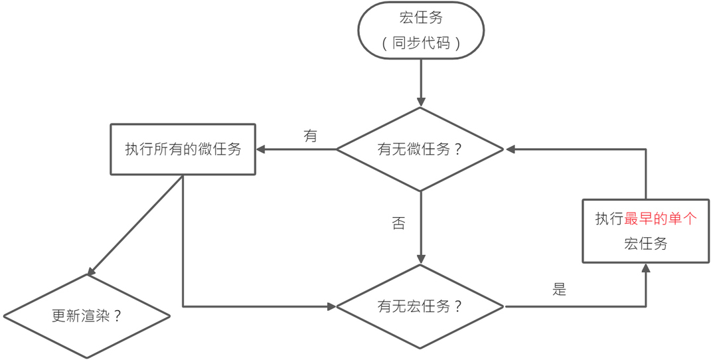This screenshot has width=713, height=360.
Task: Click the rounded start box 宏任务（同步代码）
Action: click(x=421, y=30)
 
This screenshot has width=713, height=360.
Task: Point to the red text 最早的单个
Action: click(x=661, y=219)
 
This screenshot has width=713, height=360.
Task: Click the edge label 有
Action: click(x=310, y=135)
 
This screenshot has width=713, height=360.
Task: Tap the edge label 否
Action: click(x=398, y=223)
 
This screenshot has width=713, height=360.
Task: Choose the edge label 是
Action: click(x=559, y=290)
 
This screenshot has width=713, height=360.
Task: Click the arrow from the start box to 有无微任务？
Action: click(x=421, y=83)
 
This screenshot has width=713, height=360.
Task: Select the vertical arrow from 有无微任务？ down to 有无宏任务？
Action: click(x=421, y=228)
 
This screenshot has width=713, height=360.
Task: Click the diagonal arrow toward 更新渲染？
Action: click(x=135, y=225)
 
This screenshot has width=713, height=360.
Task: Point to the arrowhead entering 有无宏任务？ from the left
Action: click(x=331, y=307)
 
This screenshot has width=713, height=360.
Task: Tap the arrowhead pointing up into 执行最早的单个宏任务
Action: click(x=646, y=268)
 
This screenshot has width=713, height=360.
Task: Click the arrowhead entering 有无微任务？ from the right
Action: click(x=510, y=149)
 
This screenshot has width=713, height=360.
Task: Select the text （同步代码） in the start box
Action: click(x=421, y=43)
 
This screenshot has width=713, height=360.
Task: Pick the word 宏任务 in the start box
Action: click(x=421, y=18)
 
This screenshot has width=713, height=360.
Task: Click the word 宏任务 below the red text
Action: click(x=646, y=244)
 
